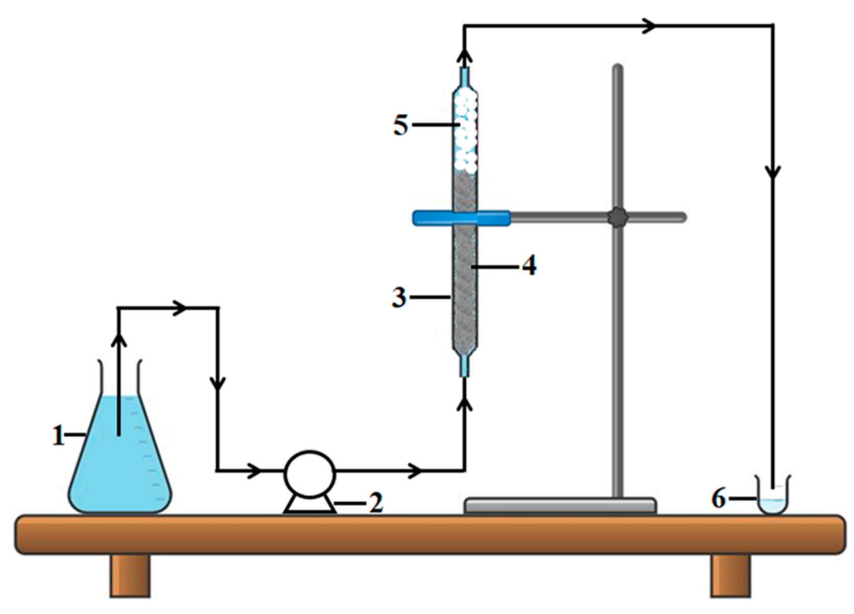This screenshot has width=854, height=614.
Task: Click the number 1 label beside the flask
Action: click(x=59, y=436)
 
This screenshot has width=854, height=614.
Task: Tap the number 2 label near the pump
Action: click(x=376, y=503)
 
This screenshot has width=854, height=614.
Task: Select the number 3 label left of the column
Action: click(x=399, y=297)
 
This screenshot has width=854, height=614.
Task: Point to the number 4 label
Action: click(x=529, y=266)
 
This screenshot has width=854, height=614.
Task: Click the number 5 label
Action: click(x=401, y=125)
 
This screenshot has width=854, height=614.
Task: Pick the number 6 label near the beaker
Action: click(x=718, y=498)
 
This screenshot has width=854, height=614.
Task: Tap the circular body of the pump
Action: click(x=309, y=474)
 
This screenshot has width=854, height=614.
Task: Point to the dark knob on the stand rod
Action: click(x=618, y=218)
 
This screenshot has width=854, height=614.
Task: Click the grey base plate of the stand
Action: click(x=560, y=506)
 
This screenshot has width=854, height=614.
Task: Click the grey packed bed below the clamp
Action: click(x=465, y=286)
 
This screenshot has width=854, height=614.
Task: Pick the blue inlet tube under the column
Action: click(x=464, y=366)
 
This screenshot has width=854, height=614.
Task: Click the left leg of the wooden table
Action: click(x=131, y=576)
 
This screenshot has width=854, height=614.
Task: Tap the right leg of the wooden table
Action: click(x=731, y=576)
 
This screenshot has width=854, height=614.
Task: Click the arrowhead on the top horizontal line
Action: click(x=649, y=26)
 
